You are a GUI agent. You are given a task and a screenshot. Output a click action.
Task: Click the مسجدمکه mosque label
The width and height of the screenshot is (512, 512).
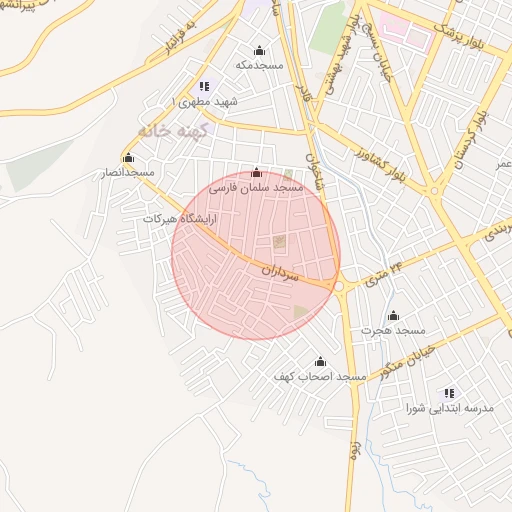(x=260, y=65)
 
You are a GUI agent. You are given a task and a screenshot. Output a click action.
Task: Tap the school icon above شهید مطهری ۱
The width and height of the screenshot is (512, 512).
(x=204, y=86)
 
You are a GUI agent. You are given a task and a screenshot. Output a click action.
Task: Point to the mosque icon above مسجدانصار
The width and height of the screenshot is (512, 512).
(x=127, y=158)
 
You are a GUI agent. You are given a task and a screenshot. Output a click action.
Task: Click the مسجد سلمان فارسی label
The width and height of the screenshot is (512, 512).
(x=255, y=187)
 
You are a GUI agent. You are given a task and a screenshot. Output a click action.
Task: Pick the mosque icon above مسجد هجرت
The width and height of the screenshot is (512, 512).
(x=393, y=315)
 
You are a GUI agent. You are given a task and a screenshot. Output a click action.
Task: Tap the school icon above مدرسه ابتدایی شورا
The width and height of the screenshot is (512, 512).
(x=449, y=393)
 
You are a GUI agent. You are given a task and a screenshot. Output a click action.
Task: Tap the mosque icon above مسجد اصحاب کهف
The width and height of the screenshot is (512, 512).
(x=320, y=361)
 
